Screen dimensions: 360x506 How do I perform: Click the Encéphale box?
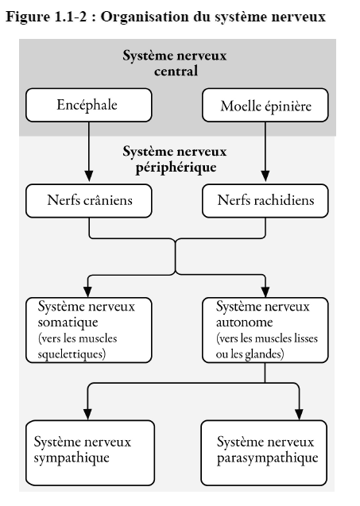[x=89, y=105]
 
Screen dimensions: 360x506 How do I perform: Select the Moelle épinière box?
[x=265, y=105]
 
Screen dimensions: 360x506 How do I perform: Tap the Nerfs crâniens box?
[x=89, y=201]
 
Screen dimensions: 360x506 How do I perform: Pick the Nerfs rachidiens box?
[x=265, y=201]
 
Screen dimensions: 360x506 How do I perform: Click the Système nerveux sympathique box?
[x=90, y=453]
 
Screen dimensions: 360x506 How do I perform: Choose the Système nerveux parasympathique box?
[x=264, y=453]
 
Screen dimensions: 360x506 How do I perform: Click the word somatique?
[x=68, y=322]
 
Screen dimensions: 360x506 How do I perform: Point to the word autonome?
[x=245, y=322]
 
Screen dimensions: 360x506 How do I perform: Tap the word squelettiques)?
[x=72, y=354]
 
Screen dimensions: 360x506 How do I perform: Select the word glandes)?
[x=265, y=354]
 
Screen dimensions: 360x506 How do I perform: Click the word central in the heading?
[x=176, y=71]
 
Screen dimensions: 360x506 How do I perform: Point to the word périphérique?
[x=176, y=168]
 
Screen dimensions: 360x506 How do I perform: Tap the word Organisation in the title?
[x=145, y=17]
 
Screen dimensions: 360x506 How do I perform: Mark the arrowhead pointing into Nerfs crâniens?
[x=89, y=176]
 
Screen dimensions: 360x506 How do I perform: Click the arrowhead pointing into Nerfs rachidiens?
[x=265, y=176]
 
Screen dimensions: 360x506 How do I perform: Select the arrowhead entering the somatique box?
[x=88, y=291]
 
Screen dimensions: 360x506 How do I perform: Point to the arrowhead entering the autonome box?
[x=265, y=291]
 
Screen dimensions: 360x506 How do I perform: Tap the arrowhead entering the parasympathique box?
[x=299, y=414]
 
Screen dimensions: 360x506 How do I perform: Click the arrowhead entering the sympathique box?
[x=88, y=414]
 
